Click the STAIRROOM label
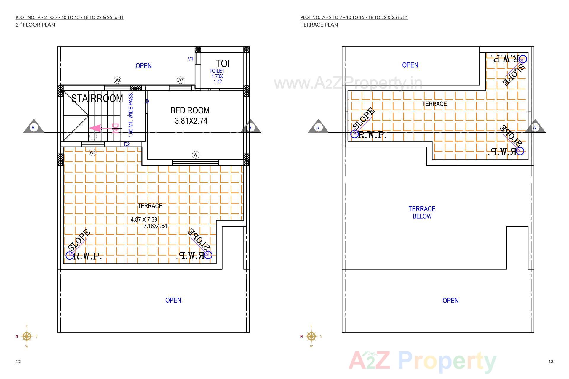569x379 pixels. (x=97, y=98)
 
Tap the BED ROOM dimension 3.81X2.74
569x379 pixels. (x=191, y=121)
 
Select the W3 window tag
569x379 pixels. (x=117, y=80)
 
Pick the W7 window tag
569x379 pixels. (x=180, y=80)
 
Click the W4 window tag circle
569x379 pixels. (x=93, y=152)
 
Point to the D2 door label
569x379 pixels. (x=127, y=144)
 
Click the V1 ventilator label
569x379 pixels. (x=191, y=59)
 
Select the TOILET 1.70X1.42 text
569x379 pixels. (x=217, y=76)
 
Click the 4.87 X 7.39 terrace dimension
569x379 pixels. (x=144, y=219)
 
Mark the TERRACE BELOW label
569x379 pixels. (x=422, y=212)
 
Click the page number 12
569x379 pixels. (x=18, y=362)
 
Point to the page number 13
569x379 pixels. (x=551, y=362)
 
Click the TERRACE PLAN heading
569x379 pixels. (x=319, y=25)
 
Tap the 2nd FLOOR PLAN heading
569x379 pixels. (x=35, y=25)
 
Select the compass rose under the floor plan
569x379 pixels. (x=27, y=336)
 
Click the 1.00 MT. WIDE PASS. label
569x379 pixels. (x=131, y=115)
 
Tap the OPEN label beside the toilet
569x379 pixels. (x=144, y=66)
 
